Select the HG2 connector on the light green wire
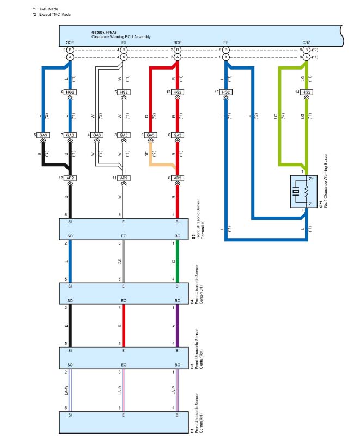coord(307,93)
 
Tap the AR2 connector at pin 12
coord(70,178)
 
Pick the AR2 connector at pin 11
coord(124,178)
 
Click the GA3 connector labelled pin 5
coord(44,135)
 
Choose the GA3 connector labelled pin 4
coord(97,135)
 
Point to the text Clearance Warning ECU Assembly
coord(121,36)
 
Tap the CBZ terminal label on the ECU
coord(307,42)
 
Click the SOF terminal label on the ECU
coord(70,42)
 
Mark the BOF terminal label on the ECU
coord(178,42)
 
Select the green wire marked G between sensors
coord(178,261)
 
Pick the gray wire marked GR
coord(124,261)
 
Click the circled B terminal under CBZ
coord(307,50)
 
